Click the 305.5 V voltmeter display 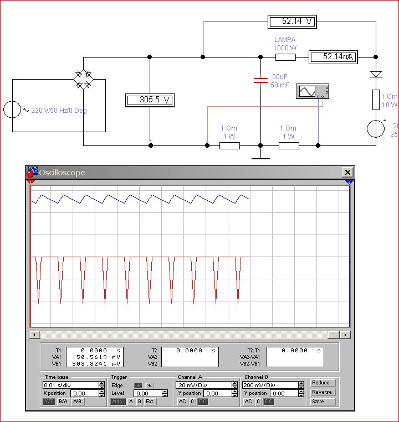150,100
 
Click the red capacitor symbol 260,80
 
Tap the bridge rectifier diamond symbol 84,79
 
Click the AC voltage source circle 12,110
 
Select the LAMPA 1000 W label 285,44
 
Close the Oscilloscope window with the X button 347,173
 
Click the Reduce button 321,383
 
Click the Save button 321,402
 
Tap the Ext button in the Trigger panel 150,402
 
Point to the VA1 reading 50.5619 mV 94,357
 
